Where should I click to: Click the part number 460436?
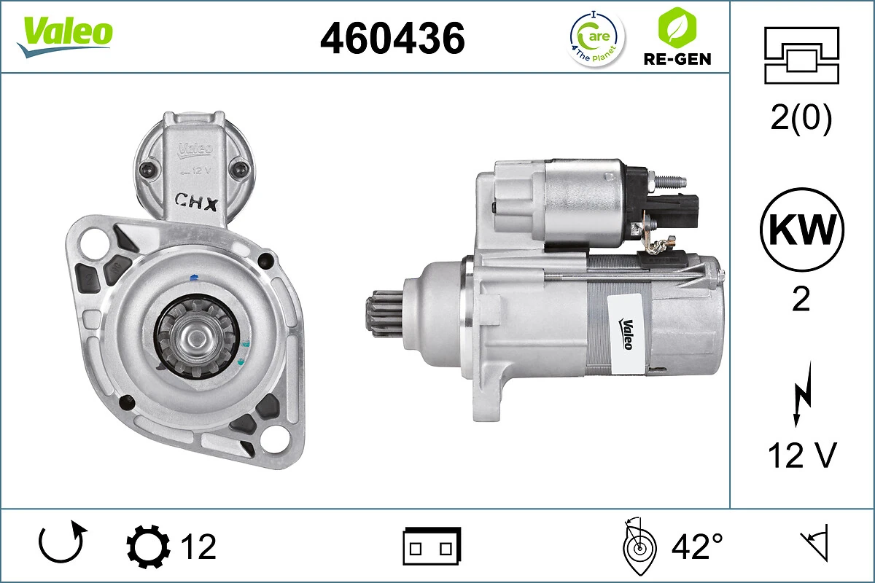392,38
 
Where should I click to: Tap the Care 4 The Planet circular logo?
596,38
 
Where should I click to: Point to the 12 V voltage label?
801,455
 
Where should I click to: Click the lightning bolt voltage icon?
801,397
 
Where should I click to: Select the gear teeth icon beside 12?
148,547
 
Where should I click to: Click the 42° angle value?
697,547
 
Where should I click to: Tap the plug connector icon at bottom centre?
432,546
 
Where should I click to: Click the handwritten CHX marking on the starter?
196,201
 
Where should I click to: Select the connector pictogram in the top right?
801,55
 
